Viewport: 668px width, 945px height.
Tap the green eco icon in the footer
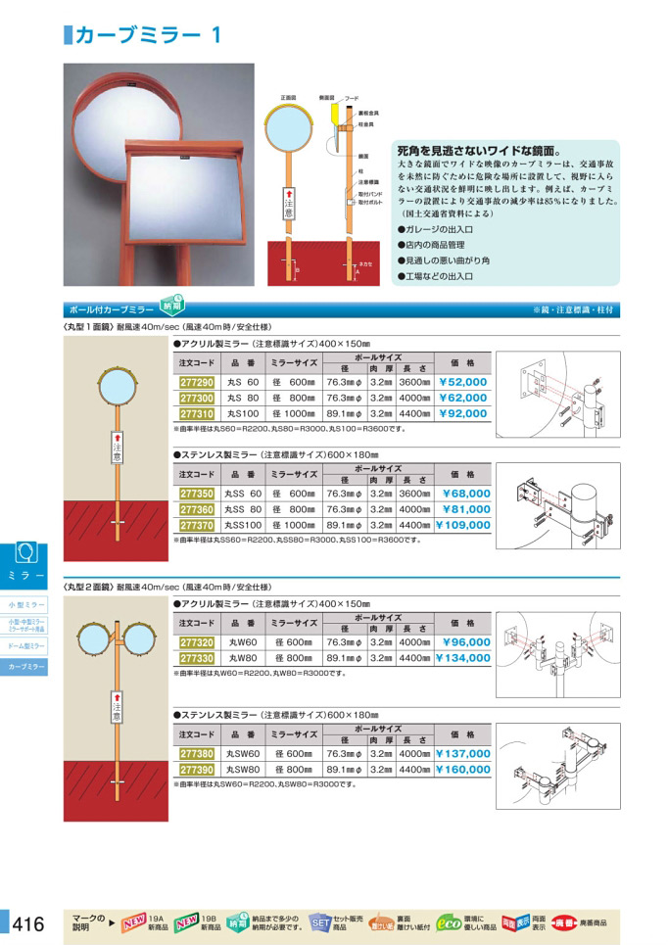[x=449, y=921]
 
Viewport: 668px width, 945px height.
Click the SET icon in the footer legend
[x=320, y=922]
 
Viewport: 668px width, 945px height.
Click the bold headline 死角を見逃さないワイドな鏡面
[x=478, y=153]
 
